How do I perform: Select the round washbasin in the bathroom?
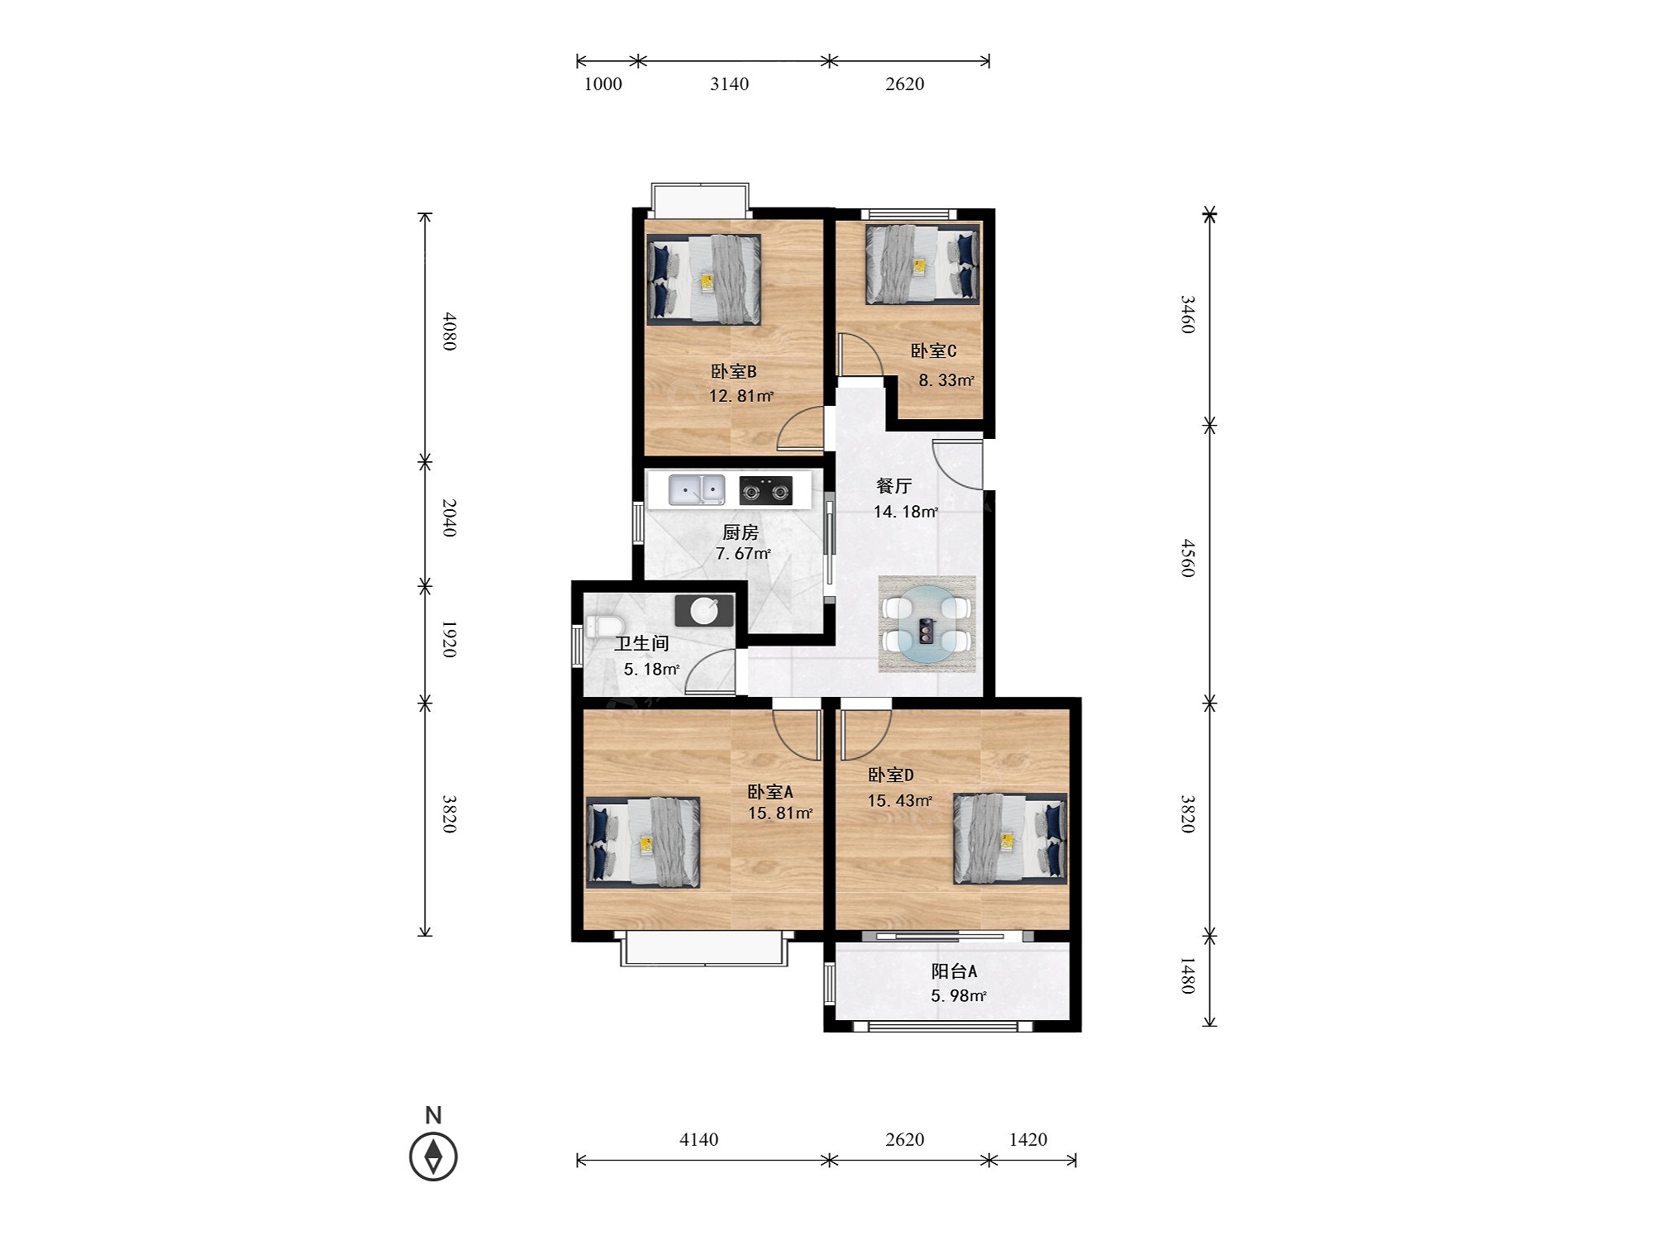(704, 611)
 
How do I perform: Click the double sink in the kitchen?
(697, 490)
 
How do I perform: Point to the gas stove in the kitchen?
(765, 491)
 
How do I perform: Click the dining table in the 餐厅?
(927, 625)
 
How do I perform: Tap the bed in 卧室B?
(703, 279)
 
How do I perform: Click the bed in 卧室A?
(643, 842)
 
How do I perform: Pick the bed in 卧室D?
(1010, 838)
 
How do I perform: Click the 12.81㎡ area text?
(741, 396)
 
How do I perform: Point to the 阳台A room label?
(955, 971)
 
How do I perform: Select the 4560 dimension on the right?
(1187, 558)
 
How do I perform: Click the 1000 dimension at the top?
(603, 83)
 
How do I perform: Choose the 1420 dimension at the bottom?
(1028, 1139)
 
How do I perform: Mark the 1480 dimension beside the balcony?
(1187, 976)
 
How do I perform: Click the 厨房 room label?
(741, 532)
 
